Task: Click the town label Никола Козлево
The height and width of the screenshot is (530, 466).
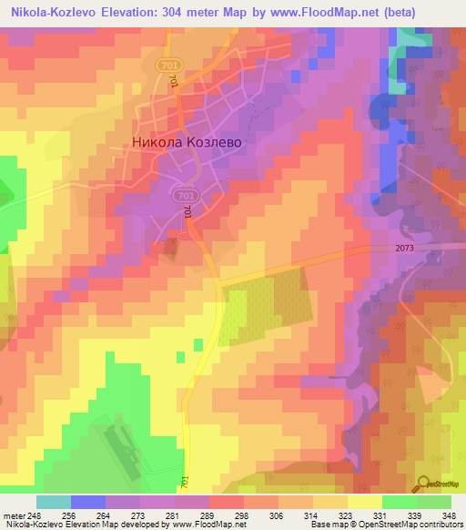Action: (x=177, y=142)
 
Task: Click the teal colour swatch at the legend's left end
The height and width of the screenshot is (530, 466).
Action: (x=54, y=502)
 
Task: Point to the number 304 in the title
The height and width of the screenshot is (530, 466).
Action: (x=201, y=13)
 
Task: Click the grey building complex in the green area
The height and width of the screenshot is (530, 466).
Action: (x=127, y=443)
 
